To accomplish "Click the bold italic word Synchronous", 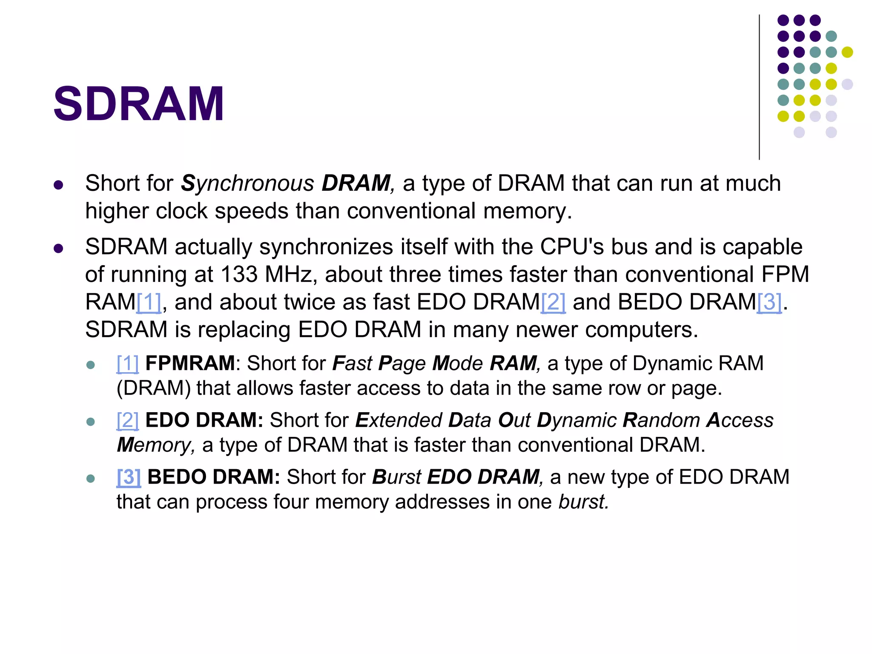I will click(x=248, y=184).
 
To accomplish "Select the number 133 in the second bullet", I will click(x=239, y=275).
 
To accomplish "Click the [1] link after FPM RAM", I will click(x=149, y=302).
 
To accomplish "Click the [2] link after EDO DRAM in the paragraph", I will click(x=553, y=302).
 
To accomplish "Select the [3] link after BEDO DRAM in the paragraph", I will click(x=769, y=302).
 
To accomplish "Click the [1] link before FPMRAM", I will click(x=128, y=364).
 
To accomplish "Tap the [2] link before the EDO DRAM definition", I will click(x=128, y=420).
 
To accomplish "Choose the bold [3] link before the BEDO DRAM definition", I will click(x=129, y=477).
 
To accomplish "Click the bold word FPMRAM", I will click(x=190, y=364).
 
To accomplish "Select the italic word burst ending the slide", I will click(x=583, y=502).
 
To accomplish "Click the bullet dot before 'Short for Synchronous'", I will click(x=58, y=185).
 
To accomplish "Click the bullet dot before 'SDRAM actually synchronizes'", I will click(x=58, y=248).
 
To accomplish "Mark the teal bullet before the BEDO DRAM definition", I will click(x=90, y=478).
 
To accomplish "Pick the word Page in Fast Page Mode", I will click(x=402, y=364).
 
